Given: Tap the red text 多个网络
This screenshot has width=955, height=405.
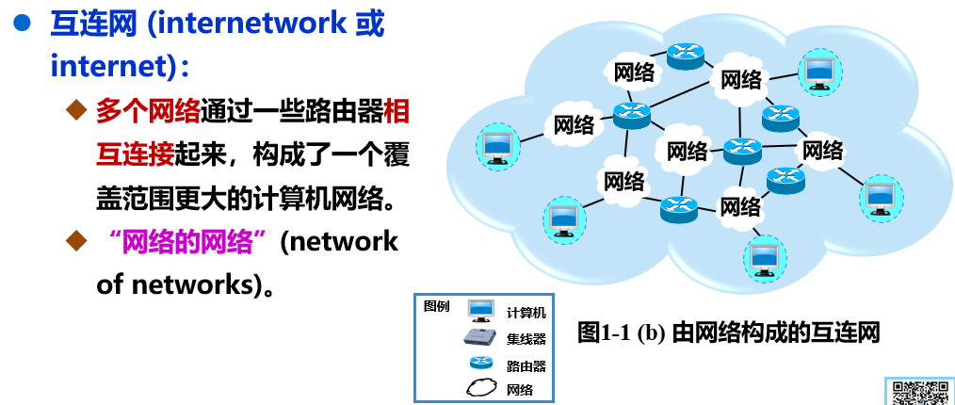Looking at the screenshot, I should tap(149, 111).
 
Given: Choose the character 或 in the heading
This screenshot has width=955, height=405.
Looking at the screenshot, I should tap(370, 24).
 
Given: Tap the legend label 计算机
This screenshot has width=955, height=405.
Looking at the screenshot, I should tap(526, 313).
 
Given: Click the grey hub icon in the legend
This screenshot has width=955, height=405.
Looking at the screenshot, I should tap(480, 338).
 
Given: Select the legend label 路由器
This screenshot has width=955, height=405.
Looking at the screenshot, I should tap(526, 365).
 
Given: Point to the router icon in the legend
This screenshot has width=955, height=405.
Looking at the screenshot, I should tap(480, 364).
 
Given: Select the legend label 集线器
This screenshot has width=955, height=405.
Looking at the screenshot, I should tap(526, 339).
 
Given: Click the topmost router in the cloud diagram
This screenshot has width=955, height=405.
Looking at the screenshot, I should tap(685, 57).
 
